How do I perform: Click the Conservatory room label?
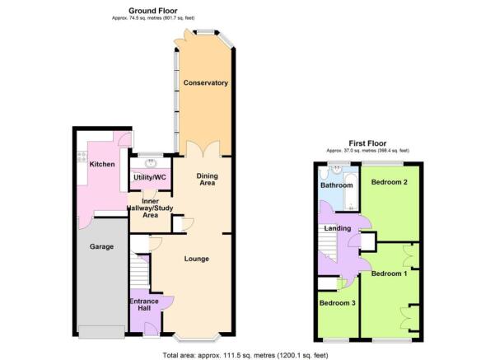206,83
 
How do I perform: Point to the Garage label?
102,246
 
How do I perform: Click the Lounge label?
196,259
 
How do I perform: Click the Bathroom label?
337,185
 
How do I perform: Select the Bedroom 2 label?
388,181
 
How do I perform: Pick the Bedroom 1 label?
388,274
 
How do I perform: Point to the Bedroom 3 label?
336,303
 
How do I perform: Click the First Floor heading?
367,143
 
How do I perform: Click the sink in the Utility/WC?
147,161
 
